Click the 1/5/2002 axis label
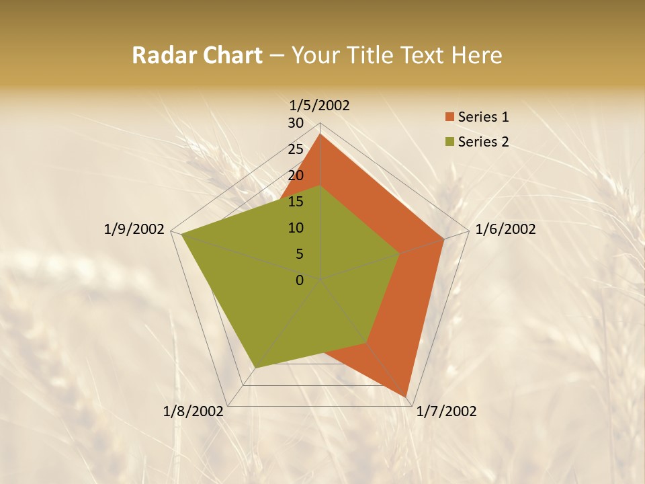[320, 105]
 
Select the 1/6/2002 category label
[505, 229]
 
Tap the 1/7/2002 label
[446, 411]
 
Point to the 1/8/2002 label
[193, 411]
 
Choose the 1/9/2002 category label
[134, 229]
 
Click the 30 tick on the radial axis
[296, 123]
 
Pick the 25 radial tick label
[296, 149]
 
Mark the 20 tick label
[296, 175]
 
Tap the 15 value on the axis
[296, 202]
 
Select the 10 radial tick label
[296, 228]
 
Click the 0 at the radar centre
[300, 280]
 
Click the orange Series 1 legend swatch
[449, 117]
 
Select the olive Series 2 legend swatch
[449, 142]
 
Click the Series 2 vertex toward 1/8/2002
[255, 368]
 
